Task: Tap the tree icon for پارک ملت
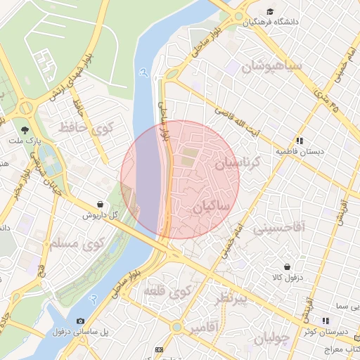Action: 25,130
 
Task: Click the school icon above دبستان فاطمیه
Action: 300,141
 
